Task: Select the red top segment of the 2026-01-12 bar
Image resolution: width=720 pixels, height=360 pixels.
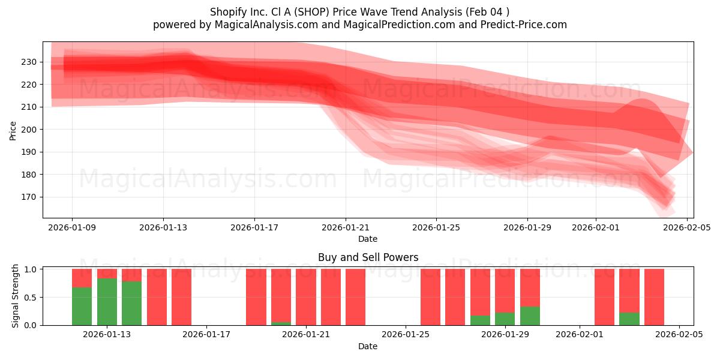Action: (x=82, y=278)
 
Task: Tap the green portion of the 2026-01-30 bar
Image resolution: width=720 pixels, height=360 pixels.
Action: (x=530, y=316)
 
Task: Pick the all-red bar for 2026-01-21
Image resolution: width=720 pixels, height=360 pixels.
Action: (x=306, y=297)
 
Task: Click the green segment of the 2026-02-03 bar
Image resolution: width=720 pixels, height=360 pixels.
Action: (x=629, y=319)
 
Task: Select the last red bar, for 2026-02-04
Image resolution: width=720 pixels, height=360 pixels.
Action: (x=654, y=297)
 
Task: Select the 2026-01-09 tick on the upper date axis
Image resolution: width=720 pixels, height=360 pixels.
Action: (x=72, y=227)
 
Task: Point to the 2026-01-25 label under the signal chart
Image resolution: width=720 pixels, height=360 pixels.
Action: (x=406, y=334)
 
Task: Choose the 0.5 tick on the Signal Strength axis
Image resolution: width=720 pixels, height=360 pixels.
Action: (x=30, y=297)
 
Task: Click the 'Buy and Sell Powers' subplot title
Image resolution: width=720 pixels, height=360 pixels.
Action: (x=368, y=257)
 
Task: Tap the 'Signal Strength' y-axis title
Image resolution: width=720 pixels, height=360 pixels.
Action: (x=16, y=296)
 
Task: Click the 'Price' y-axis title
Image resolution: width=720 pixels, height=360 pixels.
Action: (x=13, y=130)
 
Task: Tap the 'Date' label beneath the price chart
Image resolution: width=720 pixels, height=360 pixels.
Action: (x=368, y=239)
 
